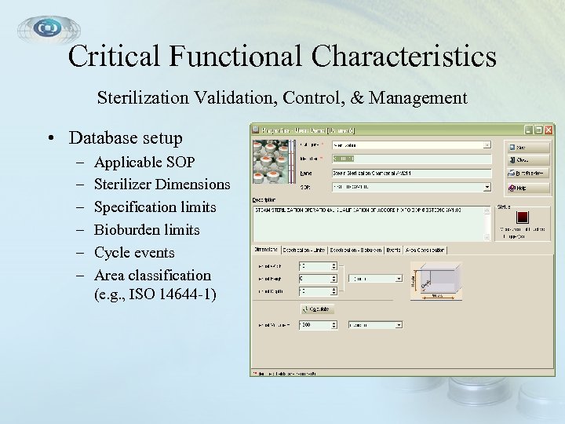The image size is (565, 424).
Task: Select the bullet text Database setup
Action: click(126, 138)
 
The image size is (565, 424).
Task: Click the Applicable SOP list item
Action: click(144, 163)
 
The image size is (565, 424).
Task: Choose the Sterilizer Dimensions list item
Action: click(162, 185)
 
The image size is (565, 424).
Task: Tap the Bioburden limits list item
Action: click(147, 230)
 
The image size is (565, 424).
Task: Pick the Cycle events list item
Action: click(134, 253)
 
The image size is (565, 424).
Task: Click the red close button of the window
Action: click(549, 130)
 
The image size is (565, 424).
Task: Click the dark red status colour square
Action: click(523, 217)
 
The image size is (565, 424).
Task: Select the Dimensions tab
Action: click(266, 250)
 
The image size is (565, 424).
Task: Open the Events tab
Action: click(393, 250)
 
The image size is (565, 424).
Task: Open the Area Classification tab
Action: click(425, 250)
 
